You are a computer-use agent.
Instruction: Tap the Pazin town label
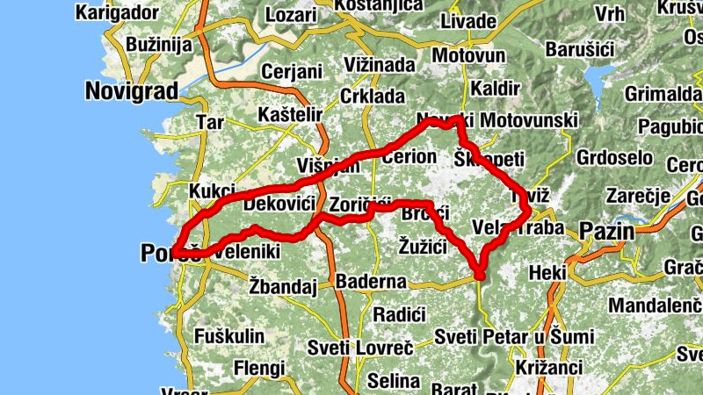point(606,232)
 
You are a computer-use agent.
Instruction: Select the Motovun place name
point(464,54)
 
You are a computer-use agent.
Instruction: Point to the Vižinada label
point(380,65)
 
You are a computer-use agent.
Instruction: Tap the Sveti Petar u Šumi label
point(515,337)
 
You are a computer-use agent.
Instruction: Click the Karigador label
point(116,12)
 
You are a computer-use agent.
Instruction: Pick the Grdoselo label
point(615,158)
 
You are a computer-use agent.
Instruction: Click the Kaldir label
point(490,88)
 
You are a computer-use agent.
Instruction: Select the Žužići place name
point(424,247)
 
